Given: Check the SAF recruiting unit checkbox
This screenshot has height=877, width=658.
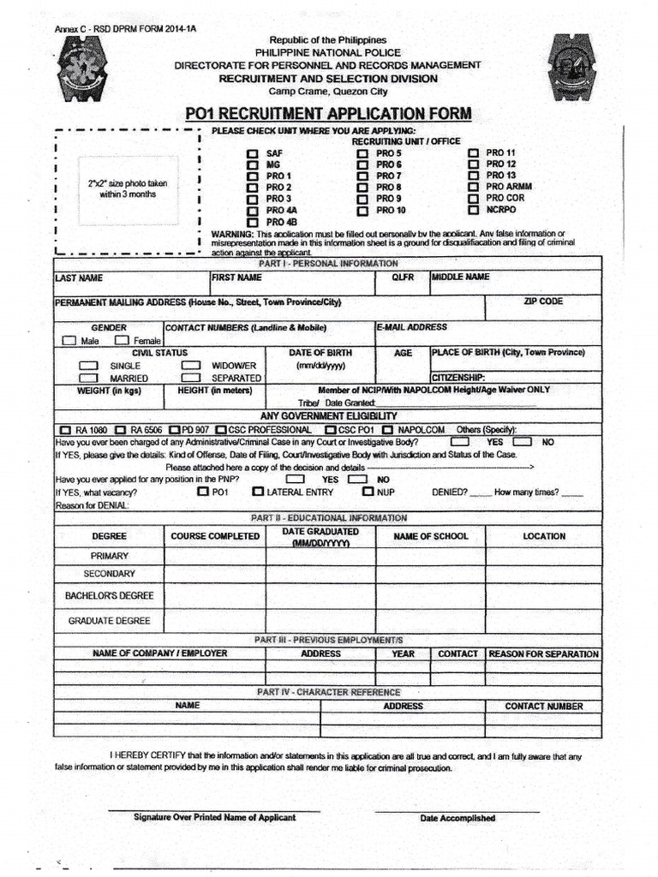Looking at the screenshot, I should pos(252,153).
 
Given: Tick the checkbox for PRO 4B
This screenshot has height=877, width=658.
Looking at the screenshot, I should pos(252,223).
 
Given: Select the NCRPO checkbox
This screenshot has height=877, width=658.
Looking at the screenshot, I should pos(474,209).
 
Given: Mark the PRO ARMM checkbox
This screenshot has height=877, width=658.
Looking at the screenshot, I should pos(474,187).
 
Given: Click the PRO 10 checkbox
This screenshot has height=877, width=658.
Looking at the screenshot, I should pos(362,210).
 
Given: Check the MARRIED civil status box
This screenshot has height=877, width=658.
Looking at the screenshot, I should pos(88,378).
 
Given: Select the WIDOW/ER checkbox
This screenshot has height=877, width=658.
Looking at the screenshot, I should pos(190,365).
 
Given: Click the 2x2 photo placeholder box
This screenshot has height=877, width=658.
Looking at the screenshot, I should pos(128,189).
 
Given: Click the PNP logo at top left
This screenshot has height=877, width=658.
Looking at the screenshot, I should pos(83,67).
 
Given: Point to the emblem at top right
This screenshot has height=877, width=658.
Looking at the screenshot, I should pos(574,67).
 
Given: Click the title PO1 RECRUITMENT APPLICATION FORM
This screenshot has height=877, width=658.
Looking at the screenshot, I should pos(328,114).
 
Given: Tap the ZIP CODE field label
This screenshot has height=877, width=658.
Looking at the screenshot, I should pos(543,302).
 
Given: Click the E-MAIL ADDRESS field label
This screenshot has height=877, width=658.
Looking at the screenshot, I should pos(411,327).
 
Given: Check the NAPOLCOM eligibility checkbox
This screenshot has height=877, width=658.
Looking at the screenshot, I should pos(388,430).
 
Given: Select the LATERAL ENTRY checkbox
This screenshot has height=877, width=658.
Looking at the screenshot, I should pos(258,492).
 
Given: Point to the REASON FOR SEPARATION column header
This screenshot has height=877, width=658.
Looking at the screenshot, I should pos(543,653).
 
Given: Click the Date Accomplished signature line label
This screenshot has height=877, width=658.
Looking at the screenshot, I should pos(458,818).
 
